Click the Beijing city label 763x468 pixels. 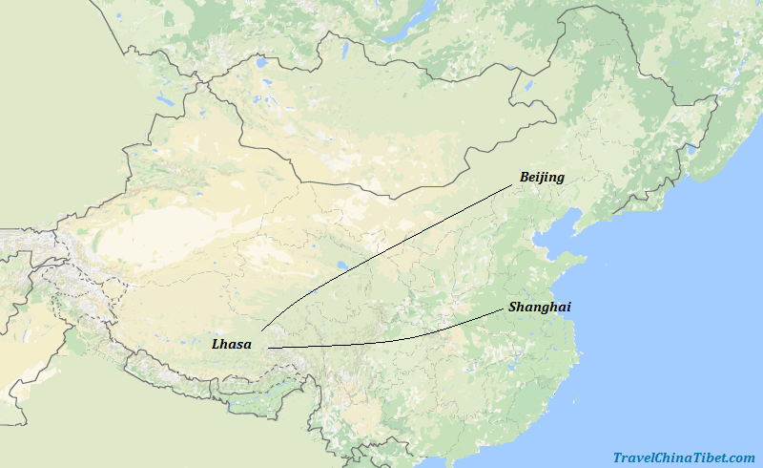click(x=542, y=177)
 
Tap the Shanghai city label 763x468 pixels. click(x=540, y=307)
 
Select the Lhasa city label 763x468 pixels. click(x=232, y=344)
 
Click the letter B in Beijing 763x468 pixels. click(x=525, y=177)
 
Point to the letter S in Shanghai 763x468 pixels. click(x=513, y=307)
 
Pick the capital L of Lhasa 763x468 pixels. click(x=217, y=344)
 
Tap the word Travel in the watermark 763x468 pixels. click(x=633, y=457)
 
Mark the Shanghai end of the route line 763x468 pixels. click(x=503, y=310)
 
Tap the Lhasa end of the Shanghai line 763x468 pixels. click(x=269, y=348)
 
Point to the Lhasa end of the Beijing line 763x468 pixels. click(x=261, y=329)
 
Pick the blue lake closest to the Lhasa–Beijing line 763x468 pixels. click(x=340, y=266)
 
